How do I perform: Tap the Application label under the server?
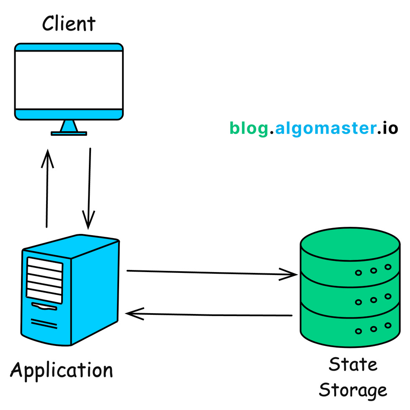[62, 371]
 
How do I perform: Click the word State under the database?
[353, 364]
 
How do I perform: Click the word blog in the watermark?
[248, 128]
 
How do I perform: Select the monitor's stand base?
[69, 133]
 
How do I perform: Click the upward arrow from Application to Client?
[47, 189]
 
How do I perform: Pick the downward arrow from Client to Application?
[89, 189]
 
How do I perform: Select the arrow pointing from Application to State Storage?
[212, 273]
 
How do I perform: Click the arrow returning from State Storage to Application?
[210, 314]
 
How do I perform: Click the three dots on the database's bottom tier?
[373, 328]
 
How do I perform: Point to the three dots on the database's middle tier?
[373, 299]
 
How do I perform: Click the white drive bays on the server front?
[44, 280]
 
